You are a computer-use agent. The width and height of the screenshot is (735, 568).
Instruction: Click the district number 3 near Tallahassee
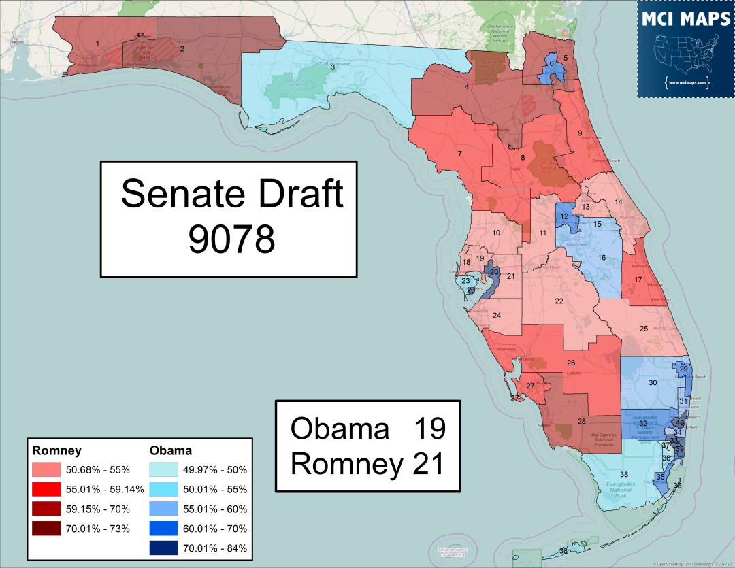[x=333, y=67]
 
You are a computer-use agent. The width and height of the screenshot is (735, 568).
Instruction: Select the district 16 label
[x=601, y=258]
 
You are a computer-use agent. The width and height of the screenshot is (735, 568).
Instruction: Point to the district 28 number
[x=581, y=422]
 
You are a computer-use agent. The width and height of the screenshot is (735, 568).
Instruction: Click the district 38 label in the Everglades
[x=623, y=474]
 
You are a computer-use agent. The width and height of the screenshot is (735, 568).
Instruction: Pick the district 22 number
[x=559, y=301]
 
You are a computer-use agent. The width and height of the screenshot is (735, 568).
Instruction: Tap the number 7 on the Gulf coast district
[x=460, y=154]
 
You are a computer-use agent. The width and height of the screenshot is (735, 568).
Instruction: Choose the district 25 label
[x=643, y=329]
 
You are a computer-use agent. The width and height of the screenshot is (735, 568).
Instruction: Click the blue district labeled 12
[x=564, y=216]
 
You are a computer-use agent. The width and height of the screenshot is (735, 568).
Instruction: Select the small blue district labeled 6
[x=552, y=63]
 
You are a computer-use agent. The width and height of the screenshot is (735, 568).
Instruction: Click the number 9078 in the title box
[x=231, y=239]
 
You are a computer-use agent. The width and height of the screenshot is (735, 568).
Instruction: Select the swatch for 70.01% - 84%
[x=163, y=548]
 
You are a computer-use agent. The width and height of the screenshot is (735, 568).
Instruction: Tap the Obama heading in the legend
[x=170, y=450]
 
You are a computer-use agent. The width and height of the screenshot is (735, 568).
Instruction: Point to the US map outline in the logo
[x=686, y=54]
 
